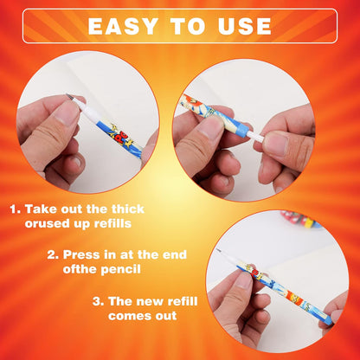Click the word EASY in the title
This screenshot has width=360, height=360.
pos(123,26)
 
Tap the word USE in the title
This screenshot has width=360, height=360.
pos(245,26)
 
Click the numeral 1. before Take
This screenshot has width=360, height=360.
pos(16,209)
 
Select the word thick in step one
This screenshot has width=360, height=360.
pos(128,209)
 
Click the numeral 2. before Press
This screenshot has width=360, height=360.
pos(53,255)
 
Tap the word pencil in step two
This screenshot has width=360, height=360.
pos(120,269)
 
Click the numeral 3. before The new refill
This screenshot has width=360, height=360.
pos(98,302)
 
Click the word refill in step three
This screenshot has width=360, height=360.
pos(183,301)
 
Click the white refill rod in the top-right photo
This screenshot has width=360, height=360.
pos(255,136)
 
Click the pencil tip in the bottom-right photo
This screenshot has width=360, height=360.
pos(220,250)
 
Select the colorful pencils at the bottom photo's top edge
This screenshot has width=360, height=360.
pos(300,220)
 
